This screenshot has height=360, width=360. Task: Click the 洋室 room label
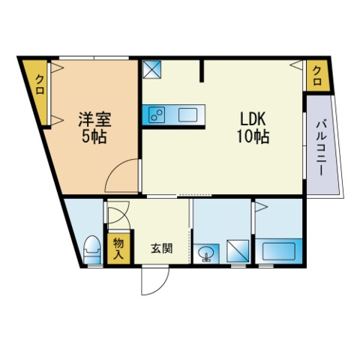tap(95, 119)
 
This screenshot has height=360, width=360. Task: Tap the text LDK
tap(253, 119)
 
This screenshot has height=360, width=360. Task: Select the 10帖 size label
tap(253, 136)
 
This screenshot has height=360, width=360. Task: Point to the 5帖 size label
tap(94, 136)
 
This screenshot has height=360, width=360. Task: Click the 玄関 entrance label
tap(162, 248)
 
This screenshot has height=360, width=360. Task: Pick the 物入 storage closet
tap(118, 248)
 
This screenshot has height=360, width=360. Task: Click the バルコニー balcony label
tap(320, 148)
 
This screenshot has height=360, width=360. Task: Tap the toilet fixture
tap(92, 249)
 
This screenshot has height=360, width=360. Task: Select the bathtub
tap(278, 251)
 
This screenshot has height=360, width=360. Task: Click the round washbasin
tap(206, 253)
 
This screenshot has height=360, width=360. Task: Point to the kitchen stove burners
tap(157, 115)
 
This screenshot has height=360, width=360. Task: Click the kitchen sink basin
tap(187, 115)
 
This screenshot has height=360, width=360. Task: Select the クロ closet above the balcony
tap(317, 76)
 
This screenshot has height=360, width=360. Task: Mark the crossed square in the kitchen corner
tap(152, 69)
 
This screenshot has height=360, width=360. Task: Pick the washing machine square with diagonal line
tap(238, 251)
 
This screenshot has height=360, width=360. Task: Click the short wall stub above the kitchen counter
tap(202, 70)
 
